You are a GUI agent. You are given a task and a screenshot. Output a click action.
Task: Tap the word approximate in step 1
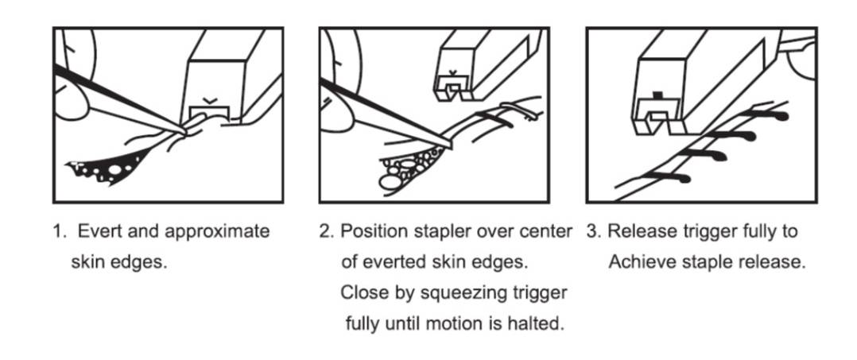point(217,232)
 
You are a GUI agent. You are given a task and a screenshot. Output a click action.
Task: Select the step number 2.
point(326,231)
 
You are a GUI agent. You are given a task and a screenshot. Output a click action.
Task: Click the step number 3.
point(594,231)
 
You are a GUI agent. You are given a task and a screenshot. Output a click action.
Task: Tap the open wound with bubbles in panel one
point(104,168)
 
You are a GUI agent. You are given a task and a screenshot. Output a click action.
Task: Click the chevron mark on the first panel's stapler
point(209,100)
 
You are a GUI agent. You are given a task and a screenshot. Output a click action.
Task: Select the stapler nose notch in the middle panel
point(452,91)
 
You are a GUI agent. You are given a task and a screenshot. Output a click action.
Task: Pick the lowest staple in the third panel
point(665,176)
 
